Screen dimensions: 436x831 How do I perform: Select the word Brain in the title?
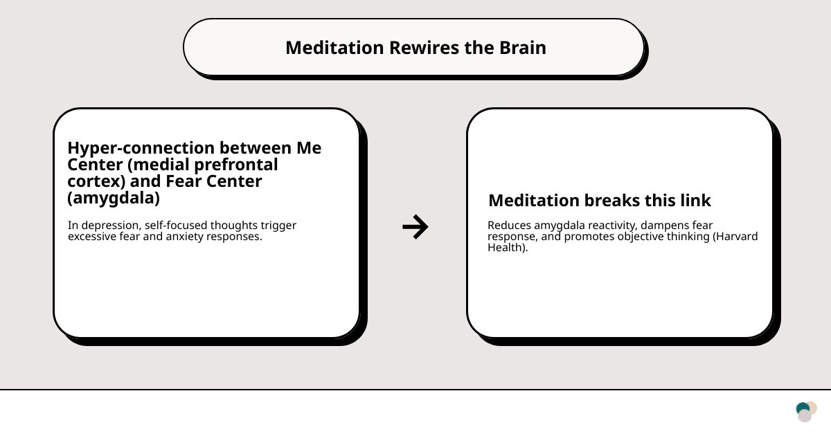point(523,48)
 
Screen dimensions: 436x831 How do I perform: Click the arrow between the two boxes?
point(415,227)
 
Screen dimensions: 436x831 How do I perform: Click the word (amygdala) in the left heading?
point(114,198)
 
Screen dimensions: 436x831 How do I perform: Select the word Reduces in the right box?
point(509,226)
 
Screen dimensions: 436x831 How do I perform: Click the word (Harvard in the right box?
point(735,237)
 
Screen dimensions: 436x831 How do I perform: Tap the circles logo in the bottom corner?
point(806,412)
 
